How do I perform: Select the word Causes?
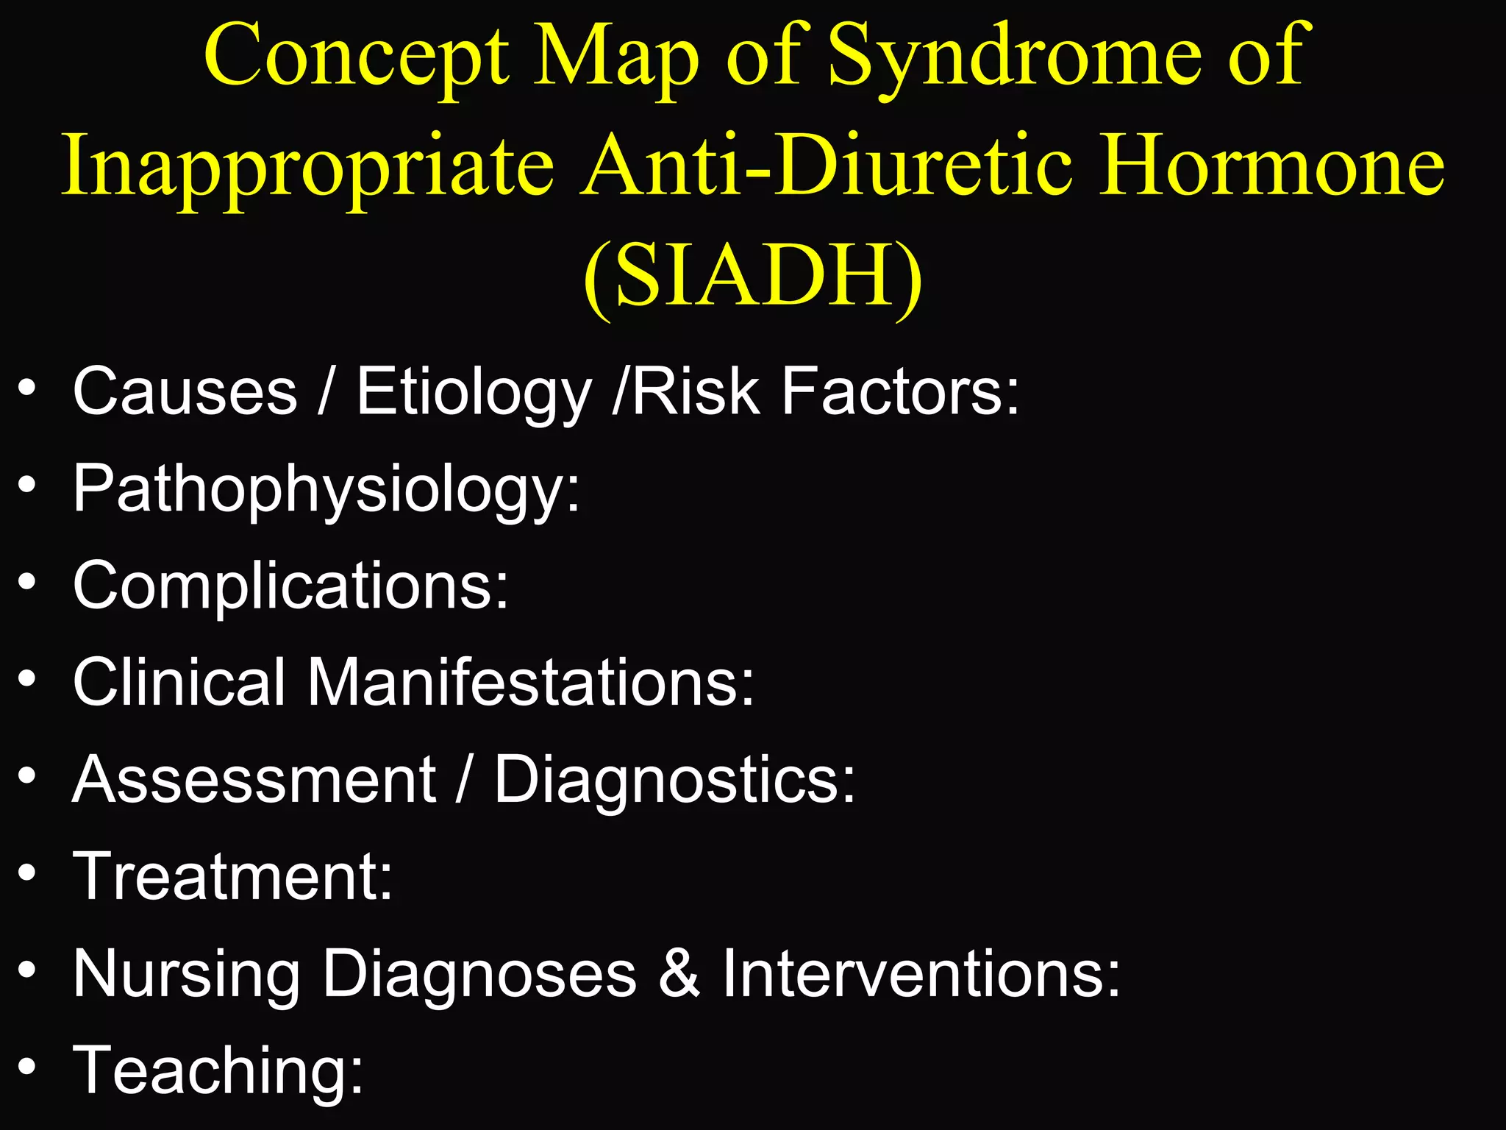click(185, 391)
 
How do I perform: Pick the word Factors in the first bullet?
click(900, 391)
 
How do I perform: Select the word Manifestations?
click(530, 683)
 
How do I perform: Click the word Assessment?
click(254, 780)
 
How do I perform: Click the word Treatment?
click(232, 876)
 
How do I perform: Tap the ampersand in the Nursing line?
click(679, 974)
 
